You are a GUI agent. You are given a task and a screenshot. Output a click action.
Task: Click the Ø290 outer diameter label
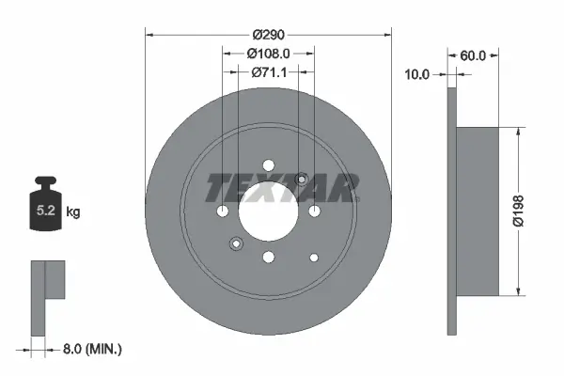(268, 35)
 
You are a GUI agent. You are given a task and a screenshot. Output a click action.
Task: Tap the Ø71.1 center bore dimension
(268, 71)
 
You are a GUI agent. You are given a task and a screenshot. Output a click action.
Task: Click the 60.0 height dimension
(473, 55)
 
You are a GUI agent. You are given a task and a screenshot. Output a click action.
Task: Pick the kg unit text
(73, 212)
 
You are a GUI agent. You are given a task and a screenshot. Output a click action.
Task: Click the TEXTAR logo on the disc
(281, 187)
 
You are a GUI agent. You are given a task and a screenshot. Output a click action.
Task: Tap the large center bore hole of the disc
(268, 211)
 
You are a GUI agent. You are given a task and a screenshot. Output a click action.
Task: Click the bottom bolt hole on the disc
(268, 256)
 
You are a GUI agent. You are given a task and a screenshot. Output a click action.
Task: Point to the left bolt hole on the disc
(223, 211)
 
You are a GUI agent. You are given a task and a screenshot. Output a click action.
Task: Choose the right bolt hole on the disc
(313, 211)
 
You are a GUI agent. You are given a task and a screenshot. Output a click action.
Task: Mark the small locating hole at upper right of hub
(302, 179)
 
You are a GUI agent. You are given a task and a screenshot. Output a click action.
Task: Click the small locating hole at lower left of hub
(235, 244)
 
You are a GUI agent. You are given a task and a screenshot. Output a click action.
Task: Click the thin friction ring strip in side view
(451, 211)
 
